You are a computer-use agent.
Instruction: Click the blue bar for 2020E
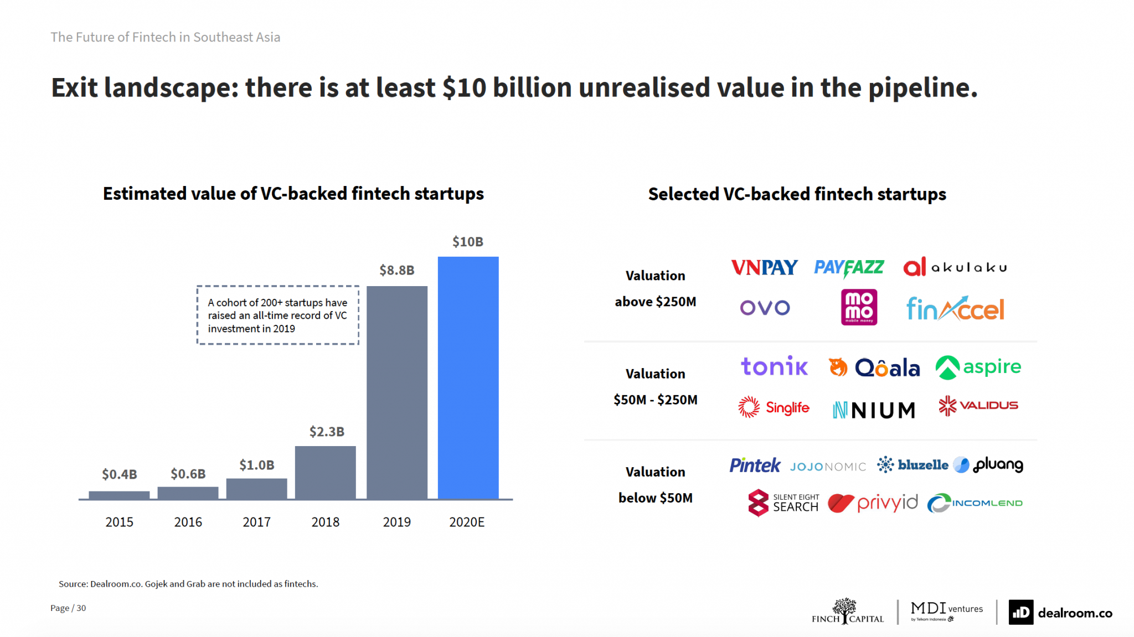click(x=468, y=377)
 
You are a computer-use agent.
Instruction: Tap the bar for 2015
click(x=119, y=495)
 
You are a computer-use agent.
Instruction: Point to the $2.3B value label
click(x=327, y=432)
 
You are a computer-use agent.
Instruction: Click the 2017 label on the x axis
click(x=256, y=522)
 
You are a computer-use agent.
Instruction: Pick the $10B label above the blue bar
click(x=468, y=242)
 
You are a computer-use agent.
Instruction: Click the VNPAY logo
click(x=764, y=268)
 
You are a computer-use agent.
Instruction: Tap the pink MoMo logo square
click(x=859, y=307)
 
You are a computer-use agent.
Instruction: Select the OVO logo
click(x=765, y=308)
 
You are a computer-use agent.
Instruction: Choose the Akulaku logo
click(x=955, y=267)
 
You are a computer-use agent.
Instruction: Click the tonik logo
click(x=774, y=366)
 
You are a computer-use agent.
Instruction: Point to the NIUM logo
click(x=874, y=410)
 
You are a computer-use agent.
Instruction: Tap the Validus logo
click(x=978, y=406)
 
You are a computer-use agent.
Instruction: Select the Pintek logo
click(x=755, y=465)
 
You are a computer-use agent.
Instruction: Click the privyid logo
click(x=873, y=503)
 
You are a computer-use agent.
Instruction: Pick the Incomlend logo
click(x=975, y=503)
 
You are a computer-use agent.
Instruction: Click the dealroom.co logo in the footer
click(x=1060, y=613)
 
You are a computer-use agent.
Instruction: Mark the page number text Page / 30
click(x=68, y=608)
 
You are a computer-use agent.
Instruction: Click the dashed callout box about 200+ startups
click(x=277, y=315)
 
